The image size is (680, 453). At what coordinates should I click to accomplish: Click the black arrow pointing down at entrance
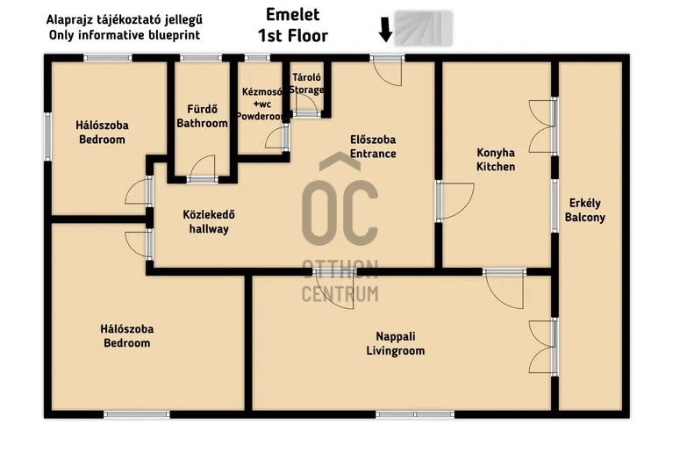[384, 30]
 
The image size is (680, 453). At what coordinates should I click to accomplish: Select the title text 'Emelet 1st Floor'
[292, 25]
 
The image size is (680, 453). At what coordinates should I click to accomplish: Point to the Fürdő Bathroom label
[202, 117]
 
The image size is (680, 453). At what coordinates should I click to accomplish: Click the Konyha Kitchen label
[496, 159]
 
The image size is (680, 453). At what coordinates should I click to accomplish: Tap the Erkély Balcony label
[584, 210]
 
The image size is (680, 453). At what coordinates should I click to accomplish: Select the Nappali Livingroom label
[395, 343]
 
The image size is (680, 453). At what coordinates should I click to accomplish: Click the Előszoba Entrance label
[373, 147]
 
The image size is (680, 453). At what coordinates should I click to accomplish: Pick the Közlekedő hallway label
[208, 221]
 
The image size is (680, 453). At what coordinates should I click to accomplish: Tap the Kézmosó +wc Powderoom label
[262, 104]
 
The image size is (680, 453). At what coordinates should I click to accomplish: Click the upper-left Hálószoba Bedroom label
[103, 132]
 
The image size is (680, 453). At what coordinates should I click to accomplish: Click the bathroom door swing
[203, 168]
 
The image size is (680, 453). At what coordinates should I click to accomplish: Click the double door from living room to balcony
[544, 347]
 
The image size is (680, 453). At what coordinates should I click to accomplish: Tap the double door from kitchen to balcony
[544, 126]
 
